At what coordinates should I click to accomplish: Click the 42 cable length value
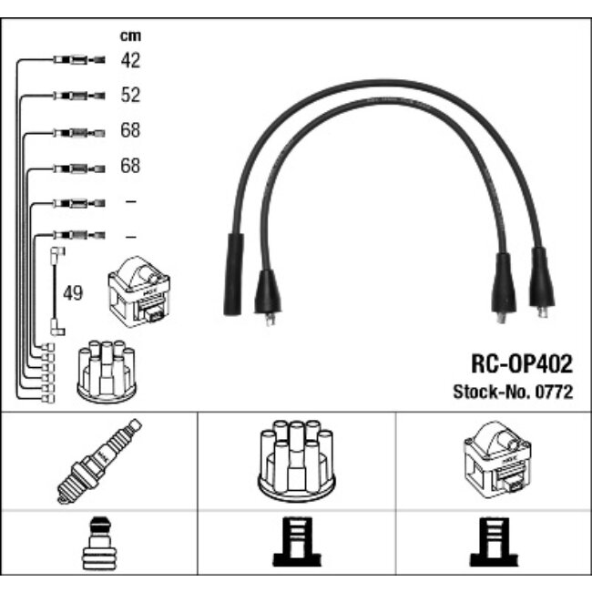point(130,60)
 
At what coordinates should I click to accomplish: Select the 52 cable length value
point(130,95)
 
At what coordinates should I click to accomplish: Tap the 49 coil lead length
point(73,293)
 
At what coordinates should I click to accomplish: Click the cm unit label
point(130,36)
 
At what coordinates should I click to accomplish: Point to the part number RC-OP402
point(522,363)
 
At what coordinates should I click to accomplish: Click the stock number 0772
point(554,392)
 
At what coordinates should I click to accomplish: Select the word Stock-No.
point(492,392)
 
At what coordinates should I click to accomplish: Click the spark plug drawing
point(99,461)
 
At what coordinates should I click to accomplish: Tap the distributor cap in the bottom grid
point(296,461)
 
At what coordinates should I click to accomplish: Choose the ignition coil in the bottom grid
point(497,459)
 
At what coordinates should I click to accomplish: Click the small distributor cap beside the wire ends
point(107,371)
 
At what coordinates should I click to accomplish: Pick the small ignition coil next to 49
point(138,291)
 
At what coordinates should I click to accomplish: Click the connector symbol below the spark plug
point(99,544)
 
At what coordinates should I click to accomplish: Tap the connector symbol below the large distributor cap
point(297,542)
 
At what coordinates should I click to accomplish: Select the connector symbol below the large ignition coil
point(494,542)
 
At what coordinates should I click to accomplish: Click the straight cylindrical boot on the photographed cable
point(233,274)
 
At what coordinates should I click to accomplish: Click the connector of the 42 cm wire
point(79,59)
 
